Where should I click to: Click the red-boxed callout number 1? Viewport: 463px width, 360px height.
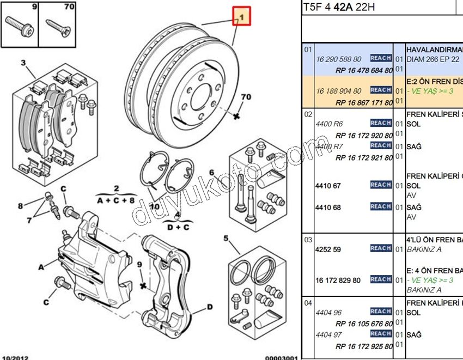click(x=241, y=16)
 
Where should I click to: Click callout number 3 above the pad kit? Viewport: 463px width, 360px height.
click(x=23, y=63)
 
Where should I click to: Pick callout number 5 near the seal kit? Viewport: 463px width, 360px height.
click(x=226, y=238)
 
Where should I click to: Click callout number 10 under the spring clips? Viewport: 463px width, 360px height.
click(x=155, y=206)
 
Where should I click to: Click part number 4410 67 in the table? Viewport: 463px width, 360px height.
click(x=328, y=186)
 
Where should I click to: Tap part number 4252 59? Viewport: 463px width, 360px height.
click(x=328, y=249)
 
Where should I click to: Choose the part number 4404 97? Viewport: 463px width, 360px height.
click(x=329, y=335)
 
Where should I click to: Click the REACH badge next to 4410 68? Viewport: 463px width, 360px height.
click(x=381, y=207)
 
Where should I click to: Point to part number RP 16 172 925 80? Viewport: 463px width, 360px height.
click(x=364, y=346)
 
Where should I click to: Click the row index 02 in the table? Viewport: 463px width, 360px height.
click(x=308, y=114)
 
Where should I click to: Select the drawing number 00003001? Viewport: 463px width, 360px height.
click(x=281, y=358)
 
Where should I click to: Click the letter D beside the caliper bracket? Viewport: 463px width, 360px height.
click(x=209, y=307)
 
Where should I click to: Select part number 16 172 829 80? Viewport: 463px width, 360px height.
click(x=338, y=280)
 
